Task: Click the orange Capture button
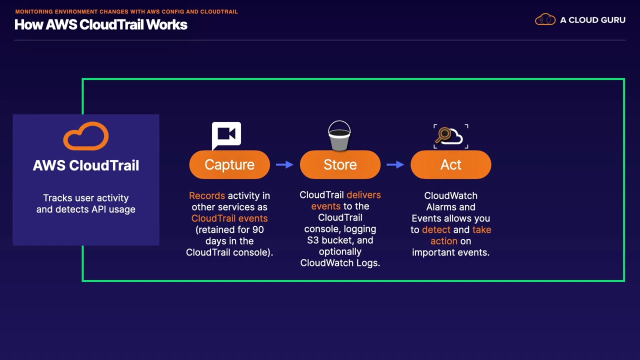click(x=229, y=164)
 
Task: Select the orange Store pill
click(x=340, y=164)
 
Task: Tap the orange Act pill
click(x=451, y=164)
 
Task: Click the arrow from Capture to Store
click(x=284, y=164)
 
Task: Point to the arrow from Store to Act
click(x=395, y=164)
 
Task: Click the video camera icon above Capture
click(x=226, y=135)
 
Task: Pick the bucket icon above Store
click(x=339, y=135)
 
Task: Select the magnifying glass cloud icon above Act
click(x=451, y=136)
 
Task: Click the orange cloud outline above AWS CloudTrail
click(x=86, y=136)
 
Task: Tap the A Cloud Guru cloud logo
click(x=545, y=19)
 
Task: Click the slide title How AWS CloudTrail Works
click(x=101, y=24)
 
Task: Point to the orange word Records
click(x=207, y=195)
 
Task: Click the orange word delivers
click(x=363, y=195)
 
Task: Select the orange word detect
click(x=436, y=229)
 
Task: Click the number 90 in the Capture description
click(x=258, y=229)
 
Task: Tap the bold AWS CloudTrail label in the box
click(x=86, y=165)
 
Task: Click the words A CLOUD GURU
click(x=592, y=20)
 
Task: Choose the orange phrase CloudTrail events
click(x=229, y=218)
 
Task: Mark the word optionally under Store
click(x=340, y=251)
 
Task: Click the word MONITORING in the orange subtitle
click(x=34, y=11)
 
